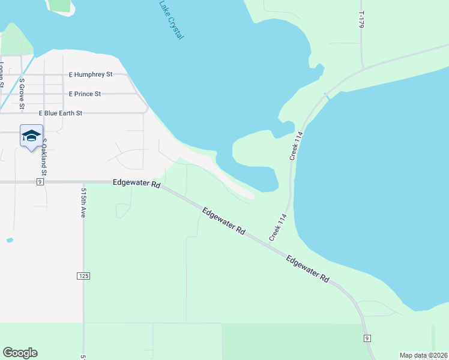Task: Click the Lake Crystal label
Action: [172, 20]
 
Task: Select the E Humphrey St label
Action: [91, 75]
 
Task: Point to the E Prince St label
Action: [85, 94]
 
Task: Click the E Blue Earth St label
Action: [61, 113]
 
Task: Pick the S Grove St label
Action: [22, 94]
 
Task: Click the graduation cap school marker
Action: [31, 136]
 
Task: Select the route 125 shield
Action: [83, 276]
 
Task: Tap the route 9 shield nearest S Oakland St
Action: [40, 182]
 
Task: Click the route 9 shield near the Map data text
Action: [367, 338]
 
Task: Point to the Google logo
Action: [20, 353]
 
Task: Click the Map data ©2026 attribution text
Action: [423, 355]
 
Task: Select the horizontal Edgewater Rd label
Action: [136, 184]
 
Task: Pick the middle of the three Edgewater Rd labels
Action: [224, 221]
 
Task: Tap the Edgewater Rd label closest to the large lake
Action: [309, 269]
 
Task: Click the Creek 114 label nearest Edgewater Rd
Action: [278, 227]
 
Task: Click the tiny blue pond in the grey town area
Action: [10, 240]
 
